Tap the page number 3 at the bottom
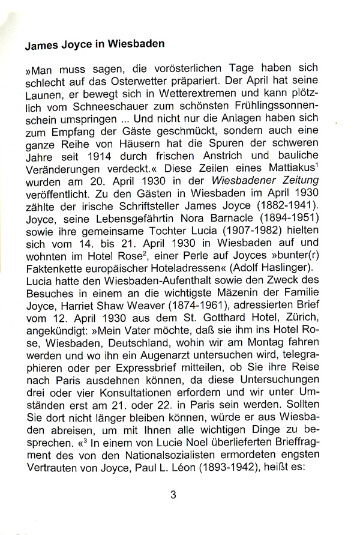(x=173, y=495)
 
